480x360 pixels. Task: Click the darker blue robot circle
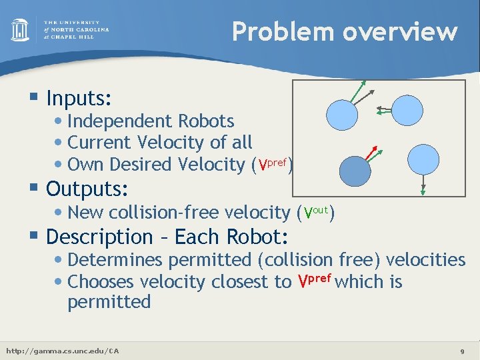click(x=355, y=172)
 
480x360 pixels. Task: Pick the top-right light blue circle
click(x=406, y=109)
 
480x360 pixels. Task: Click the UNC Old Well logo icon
click(x=20, y=30)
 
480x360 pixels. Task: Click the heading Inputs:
click(x=79, y=99)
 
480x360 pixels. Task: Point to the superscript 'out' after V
click(x=321, y=209)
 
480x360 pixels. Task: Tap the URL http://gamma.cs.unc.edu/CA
click(x=62, y=351)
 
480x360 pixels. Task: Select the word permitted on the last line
click(x=109, y=301)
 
